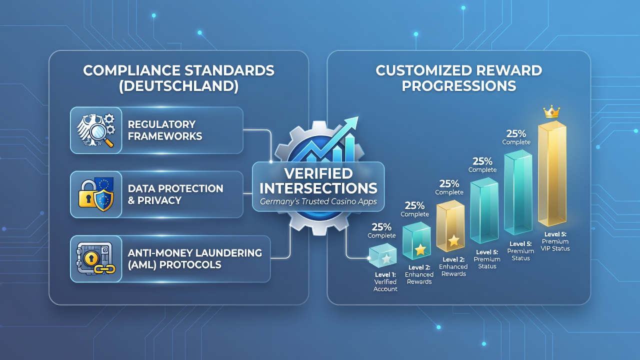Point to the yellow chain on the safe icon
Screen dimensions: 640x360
tap(105, 268)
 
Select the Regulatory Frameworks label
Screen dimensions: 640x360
tap(165, 130)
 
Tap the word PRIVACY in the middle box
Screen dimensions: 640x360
tap(159, 200)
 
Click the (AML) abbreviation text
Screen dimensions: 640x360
tap(141, 265)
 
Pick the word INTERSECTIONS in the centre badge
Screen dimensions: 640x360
tap(318, 188)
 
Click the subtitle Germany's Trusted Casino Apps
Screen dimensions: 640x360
tap(318, 201)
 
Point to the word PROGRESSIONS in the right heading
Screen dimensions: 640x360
tap(459, 85)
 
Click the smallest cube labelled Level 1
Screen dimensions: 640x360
tap(382, 255)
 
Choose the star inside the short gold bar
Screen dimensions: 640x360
tap(453, 240)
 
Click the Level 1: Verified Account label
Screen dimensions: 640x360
tap(385, 281)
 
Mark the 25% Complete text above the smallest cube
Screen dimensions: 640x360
tap(381, 231)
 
